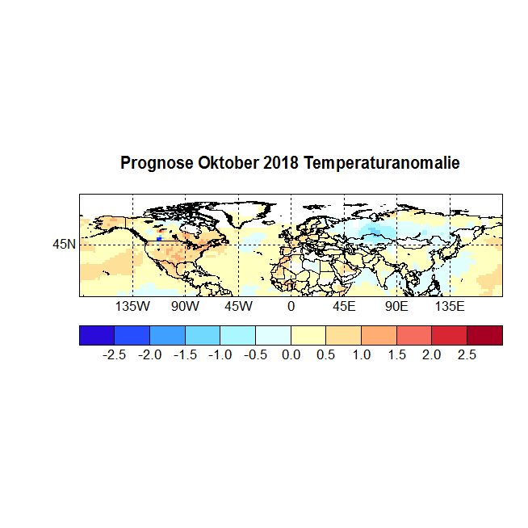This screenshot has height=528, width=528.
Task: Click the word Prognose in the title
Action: point(156,163)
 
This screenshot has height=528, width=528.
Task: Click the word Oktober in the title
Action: point(228,163)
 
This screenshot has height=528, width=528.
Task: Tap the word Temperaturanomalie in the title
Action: point(382,163)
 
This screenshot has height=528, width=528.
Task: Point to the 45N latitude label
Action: point(64,244)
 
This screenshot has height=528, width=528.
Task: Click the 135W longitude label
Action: point(132,308)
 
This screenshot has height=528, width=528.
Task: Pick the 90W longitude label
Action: point(185,308)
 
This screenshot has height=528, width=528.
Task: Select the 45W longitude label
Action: point(238,308)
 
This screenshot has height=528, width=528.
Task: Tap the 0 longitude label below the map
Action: point(291,308)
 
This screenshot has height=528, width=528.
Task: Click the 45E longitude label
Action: point(344,308)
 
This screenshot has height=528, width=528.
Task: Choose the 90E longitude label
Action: point(396,308)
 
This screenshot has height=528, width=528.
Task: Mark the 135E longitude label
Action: point(450,308)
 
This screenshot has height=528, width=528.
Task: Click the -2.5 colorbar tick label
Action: point(115,355)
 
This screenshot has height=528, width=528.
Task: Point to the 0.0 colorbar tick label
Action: point(291,355)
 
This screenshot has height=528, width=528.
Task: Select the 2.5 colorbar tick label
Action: point(467,355)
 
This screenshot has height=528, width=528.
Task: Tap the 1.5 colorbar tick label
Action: point(396,355)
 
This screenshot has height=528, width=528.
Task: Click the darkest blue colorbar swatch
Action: point(97,335)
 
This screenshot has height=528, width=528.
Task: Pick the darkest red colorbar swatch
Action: point(484,335)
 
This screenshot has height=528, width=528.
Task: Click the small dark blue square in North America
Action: point(160,239)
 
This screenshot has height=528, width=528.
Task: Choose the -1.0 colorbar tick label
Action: point(220,355)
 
